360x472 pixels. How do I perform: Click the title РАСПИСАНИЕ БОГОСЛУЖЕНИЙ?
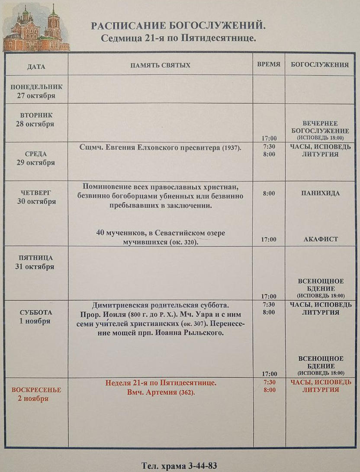[178, 26]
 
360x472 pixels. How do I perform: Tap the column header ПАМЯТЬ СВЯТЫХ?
[160, 65]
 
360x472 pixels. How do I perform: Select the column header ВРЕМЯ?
[269, 64]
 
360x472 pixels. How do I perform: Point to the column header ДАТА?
[36, 67]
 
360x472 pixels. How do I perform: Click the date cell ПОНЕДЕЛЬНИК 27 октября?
[36, 91]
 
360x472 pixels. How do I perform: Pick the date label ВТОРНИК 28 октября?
[36, 120]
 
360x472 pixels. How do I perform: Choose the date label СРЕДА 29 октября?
[36, 158]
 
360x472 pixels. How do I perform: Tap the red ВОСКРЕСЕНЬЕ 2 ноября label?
[36, 394]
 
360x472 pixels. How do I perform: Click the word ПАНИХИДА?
[320, 193]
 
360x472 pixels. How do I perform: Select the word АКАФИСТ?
[320, 239]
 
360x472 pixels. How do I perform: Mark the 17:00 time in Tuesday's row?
[269, 138]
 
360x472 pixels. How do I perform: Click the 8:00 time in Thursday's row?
[269, 194]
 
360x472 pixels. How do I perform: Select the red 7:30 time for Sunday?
[269, 382]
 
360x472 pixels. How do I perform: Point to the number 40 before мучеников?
[100, 233]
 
